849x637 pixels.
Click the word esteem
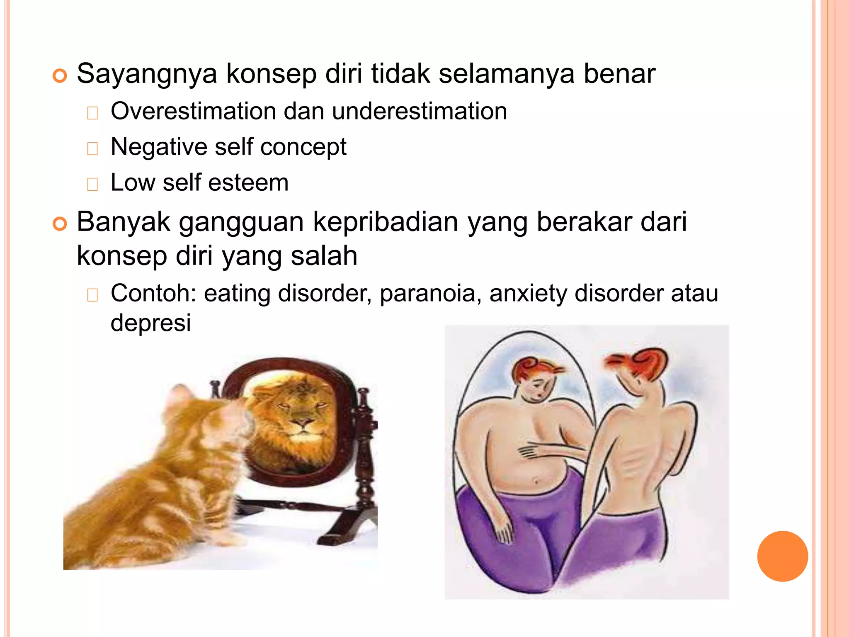pyautogui.click(x=248, y=183)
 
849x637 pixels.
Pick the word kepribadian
pyautogui.click(x=385, y=222)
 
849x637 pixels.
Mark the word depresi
pyautogui.click(x=150, y=323)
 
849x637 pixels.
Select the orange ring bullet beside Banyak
pyautogui.click(x=60, y=224)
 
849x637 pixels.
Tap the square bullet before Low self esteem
pyautogui.click(x=92, y=184)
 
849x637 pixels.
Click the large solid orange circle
pyautogui.click(x=782, y=556)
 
